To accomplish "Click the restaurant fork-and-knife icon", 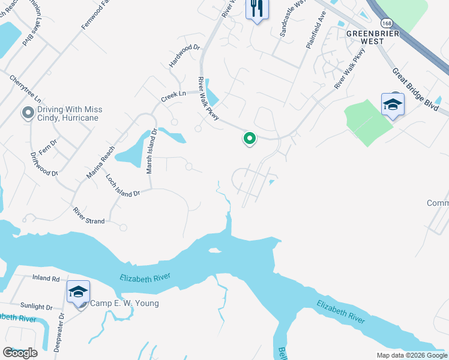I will point(257,9).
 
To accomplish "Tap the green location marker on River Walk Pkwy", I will point(250,139).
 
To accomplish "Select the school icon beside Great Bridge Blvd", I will point(393,105).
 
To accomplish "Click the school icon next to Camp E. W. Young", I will point(78,292).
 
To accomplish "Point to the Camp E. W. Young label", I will point(124,303).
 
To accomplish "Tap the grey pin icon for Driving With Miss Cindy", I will point(27,113).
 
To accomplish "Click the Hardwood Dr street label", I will point(184,55).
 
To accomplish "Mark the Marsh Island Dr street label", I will point(151,151).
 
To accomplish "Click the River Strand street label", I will point(89,216).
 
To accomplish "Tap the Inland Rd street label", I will point(46,278).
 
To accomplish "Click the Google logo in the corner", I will point(20,353).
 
